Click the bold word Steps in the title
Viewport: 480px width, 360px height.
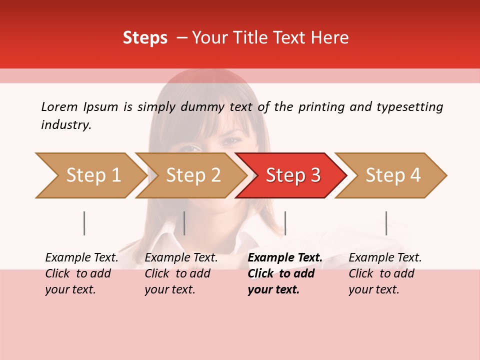pyautogui.click(x=145, y=38)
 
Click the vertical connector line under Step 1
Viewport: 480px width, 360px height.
pyautogui.click(x=84, y=223)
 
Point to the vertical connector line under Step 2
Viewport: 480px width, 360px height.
pyautogui.click(x=184, y=223)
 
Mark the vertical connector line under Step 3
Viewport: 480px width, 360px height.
pyautogui.click(x=285, y=223)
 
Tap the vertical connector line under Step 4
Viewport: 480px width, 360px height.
pyautogui.click(x=386, y=223)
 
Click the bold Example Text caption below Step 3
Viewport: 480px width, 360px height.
pyautogui.click(x=285, y=273)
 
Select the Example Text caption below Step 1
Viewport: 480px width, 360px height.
pyautogui.click(x=81, y=273)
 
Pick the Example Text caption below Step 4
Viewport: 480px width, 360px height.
pyautogui.click(x=385, y=273)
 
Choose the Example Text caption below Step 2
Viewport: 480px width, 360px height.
pyautogui.click(x=181, y=273)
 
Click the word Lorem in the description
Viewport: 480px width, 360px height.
pyautogui.click(x=59, y=106)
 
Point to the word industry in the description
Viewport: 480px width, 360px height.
pyautogui.click(x=66, y=125)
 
